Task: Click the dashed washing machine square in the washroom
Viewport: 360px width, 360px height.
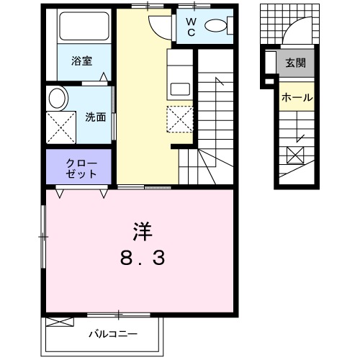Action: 60,125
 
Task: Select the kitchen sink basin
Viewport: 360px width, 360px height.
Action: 179,89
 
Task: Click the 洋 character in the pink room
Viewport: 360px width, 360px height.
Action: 142,232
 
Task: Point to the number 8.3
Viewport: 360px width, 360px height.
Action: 142,258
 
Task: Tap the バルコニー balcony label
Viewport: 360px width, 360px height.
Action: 113,334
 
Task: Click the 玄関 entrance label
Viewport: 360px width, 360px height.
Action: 295,63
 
